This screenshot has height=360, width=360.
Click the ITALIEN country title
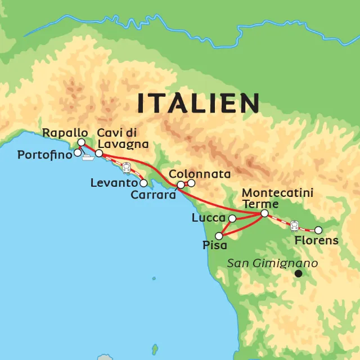tap(199, 103)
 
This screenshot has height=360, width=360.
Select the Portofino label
tap(42, 155)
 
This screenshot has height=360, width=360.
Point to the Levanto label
tap(114, 183)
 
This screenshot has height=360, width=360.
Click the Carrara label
tap(153, 195)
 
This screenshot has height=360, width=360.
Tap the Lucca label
tap(208, 218)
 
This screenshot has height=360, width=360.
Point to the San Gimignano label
tap(273, 263)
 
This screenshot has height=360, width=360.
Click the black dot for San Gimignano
tap(299, 273)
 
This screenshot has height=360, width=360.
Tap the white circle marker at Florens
tap(318, 229)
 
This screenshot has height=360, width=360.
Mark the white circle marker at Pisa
tap(219, 236)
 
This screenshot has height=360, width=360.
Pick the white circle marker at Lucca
tap(232, 218)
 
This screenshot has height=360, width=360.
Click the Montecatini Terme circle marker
tap(264, 213)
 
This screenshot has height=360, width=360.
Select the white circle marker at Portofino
tap(77, 152)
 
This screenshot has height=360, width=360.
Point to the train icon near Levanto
tap(127, 167)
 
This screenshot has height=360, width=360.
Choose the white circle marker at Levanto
tap(144, 183)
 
